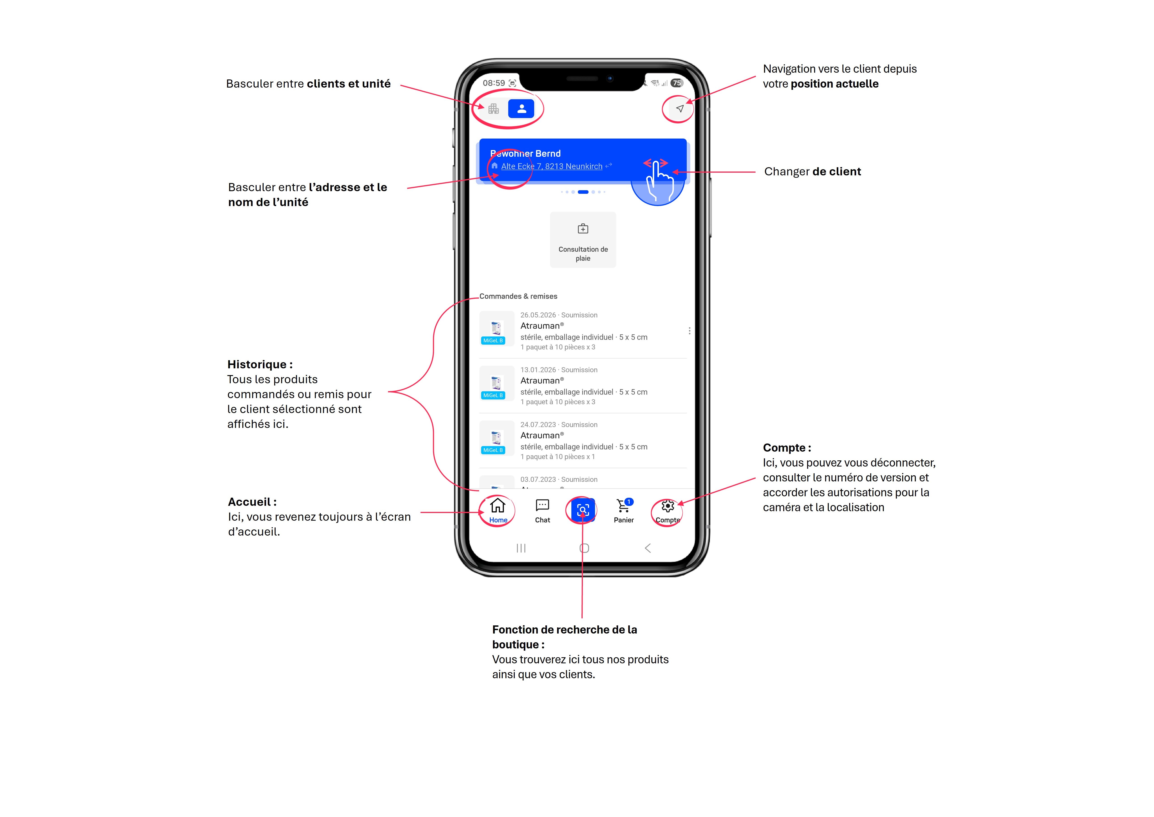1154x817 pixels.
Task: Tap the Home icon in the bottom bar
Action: click(x=498, y=505)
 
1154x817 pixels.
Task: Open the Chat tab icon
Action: click(x=542, y=505)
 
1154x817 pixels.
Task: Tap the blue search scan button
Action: click(x=583, y=510)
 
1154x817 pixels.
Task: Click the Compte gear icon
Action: click(x=667, y=506)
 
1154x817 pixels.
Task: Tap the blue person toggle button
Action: click(x=521, y=109)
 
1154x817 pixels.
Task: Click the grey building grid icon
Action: click(x=494, y=109)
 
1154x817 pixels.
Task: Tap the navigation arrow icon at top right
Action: click(x=680, y=109)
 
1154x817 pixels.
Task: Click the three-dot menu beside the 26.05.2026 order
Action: click(x=689, y=330)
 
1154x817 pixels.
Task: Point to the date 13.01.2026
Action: click(x=538, y=370)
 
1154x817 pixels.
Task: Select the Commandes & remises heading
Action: click(x=518, y=296)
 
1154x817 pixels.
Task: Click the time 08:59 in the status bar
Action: click(x=494, y=83)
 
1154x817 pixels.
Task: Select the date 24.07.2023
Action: click(x=538, y=425)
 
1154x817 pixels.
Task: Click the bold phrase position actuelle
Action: click(x=834, y=84)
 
